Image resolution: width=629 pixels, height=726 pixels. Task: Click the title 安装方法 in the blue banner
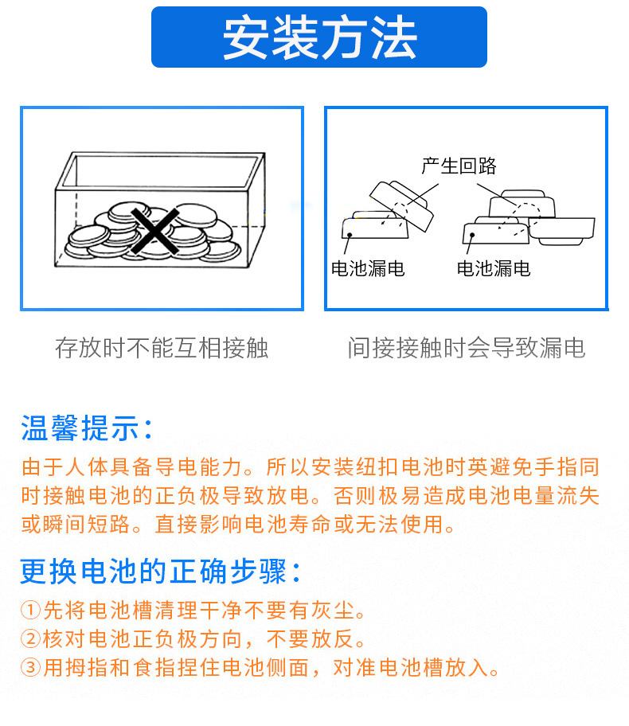[x=319, y=37]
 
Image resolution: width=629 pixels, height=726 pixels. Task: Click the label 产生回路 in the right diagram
[x=459, y=166]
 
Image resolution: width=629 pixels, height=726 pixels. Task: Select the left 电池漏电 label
[x=368, y=268]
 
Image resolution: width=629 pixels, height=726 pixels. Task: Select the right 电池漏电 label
[x=494, y=268]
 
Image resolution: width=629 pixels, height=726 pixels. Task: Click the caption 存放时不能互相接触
[x=162, y=348]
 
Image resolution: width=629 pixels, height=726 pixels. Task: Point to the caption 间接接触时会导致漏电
[x=467, y=348]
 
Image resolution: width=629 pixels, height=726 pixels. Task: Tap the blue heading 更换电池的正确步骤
[x=160, y=571]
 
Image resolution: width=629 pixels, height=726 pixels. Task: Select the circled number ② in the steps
[x=30, y=639]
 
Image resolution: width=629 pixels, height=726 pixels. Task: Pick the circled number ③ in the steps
[x=30, y=667]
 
